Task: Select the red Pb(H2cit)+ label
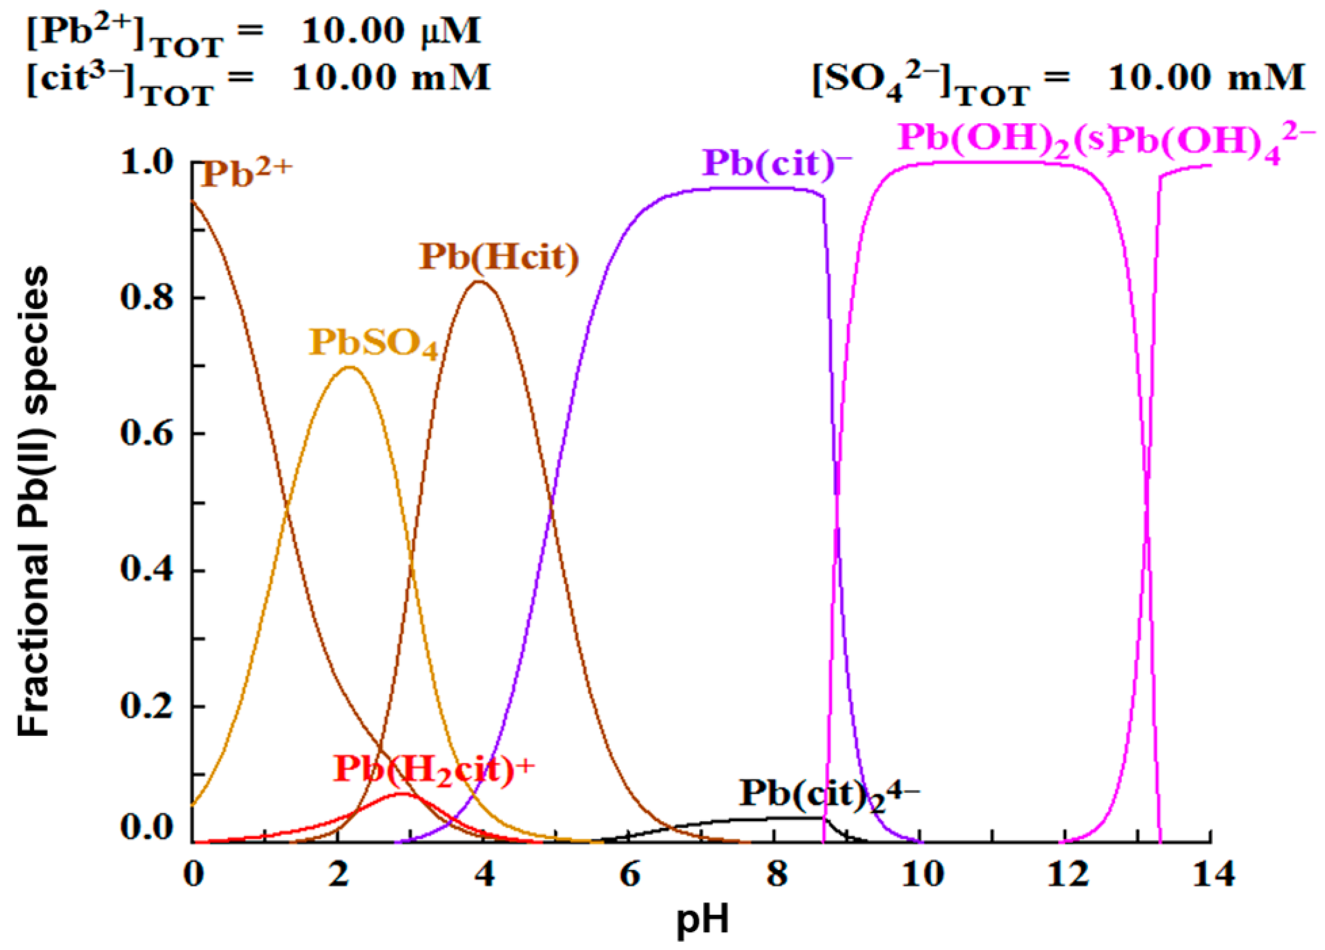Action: [434, 770]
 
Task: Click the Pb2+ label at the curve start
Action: [246, 173]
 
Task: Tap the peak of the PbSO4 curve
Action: [349, 367]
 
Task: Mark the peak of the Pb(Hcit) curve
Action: [479, 282]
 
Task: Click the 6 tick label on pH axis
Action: [629, 876]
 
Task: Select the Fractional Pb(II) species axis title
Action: [33, 503]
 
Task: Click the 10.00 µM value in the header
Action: [390, 32]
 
